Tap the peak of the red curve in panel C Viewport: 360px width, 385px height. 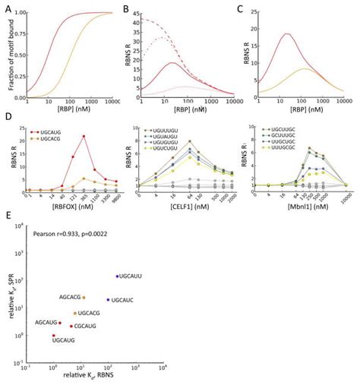286,33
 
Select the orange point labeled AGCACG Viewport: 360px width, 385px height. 84,297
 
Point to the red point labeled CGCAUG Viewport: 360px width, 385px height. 71,326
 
